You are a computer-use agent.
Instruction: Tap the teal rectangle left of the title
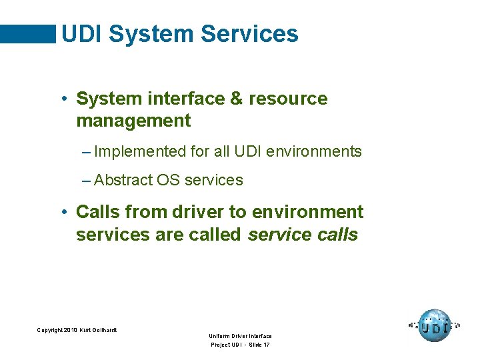tap(28, 34)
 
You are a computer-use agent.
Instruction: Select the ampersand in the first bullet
tap(236, 99)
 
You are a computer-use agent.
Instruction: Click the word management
tap(133, 121)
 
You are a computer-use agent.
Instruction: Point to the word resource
tap(288, 99)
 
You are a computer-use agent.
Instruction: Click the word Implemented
tap(140, 151)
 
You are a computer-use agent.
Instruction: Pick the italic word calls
tap(336, 235)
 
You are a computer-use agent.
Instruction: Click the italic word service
tap(278, 235)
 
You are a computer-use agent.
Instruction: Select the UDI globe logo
tap(435, 326)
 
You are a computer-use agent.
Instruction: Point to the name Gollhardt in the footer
tap(105, 330)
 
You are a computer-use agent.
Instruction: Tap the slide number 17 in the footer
tap(266, 345)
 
